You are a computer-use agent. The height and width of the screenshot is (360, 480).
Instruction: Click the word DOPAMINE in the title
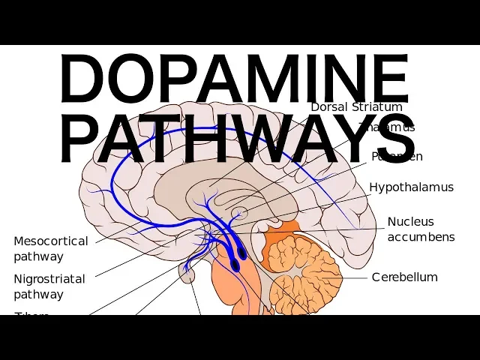tap(235, 80)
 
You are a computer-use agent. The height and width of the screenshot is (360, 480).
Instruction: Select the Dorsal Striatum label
tap(356, 106)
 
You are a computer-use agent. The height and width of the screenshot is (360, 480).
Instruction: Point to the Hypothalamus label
tap(411, 187)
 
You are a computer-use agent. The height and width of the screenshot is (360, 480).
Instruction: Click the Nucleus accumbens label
tap(421, 229)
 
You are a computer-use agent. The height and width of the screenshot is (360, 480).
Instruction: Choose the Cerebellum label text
tap(404, 277)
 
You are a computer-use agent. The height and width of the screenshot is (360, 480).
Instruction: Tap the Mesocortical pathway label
tap(50, 248)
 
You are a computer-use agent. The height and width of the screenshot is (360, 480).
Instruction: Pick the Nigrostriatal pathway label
tap(49, 286)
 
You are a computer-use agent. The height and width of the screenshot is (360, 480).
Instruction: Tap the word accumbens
tap(421, 237)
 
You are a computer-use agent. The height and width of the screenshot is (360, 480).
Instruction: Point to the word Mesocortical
tap(50, 241)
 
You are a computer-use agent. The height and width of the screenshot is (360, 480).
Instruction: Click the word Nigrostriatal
tap(49, 278)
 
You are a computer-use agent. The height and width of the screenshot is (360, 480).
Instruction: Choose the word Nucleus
tap(410, 221)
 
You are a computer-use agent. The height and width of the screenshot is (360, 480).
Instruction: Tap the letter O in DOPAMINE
tap(133, 80)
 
